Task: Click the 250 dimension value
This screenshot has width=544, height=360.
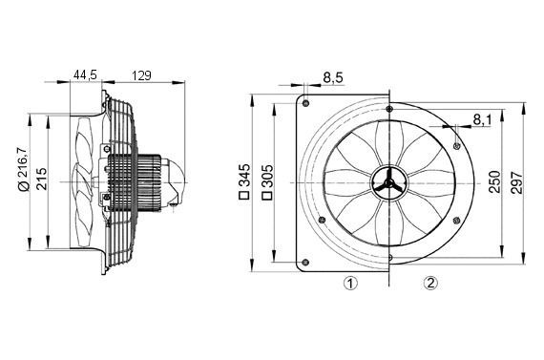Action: tap(493, 180)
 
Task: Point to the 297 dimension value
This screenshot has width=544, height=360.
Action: tap(517, 180)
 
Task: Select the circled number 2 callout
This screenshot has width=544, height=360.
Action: tap(430, 283)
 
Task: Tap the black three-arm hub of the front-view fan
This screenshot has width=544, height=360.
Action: tap(389, 180)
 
